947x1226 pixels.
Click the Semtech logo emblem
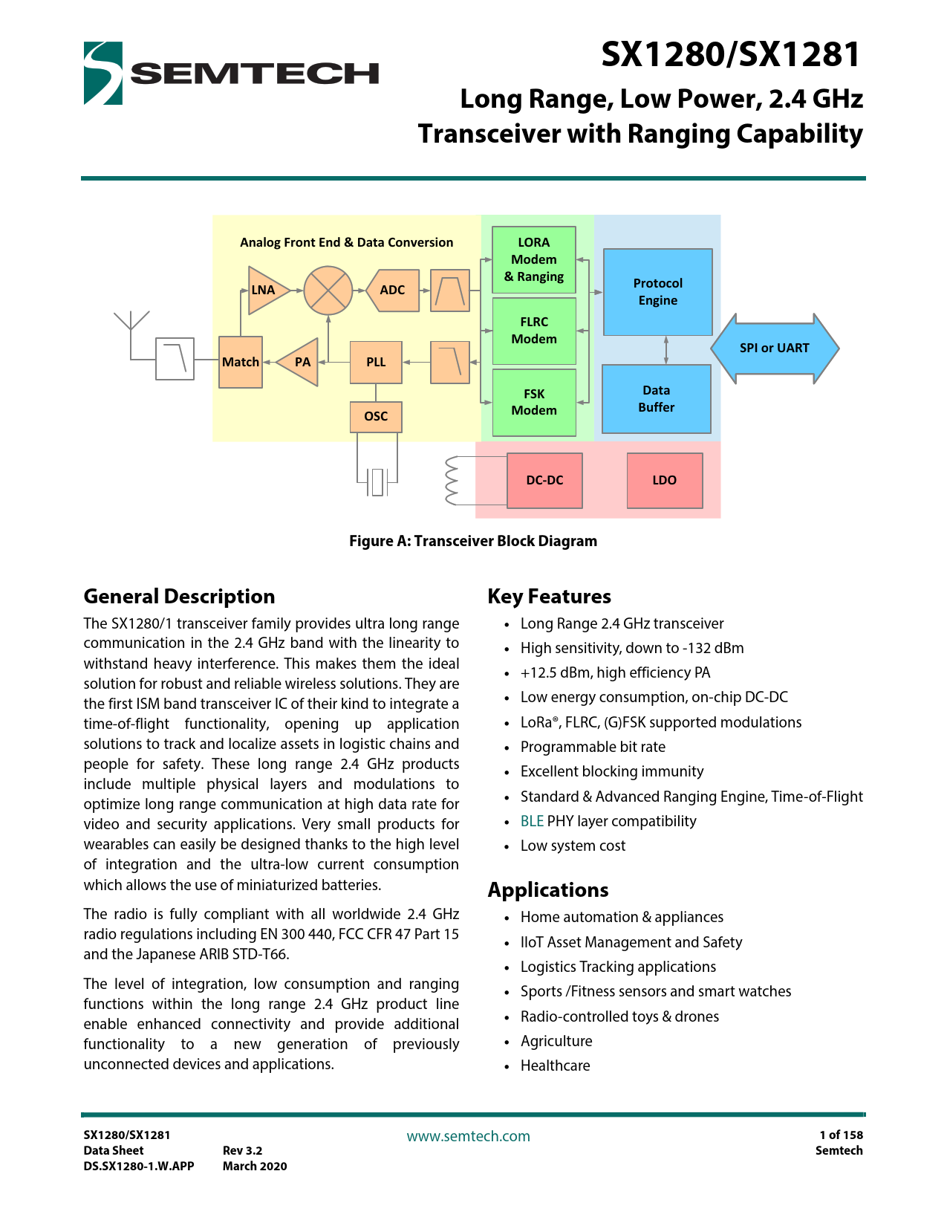(x=102, y=73)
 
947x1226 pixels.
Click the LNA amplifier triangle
(x=264, y=290)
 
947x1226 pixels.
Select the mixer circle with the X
(x=328, y=290)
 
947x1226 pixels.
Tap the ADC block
(x=393, y=290)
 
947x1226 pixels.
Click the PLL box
(x=376, y=362)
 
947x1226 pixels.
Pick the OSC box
(x=376, y=416)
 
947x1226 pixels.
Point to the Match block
(x=241, y=362)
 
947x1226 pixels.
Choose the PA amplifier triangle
(x=301, y=362)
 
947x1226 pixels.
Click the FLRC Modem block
(x=534, y=331)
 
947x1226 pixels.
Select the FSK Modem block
(x=534, y=402)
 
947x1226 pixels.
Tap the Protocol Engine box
(x=657, y=292)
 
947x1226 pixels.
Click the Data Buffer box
(x=656, y=399)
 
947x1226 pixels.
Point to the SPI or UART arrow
(x=774, y=348)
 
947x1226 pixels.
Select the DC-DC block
(x=544, y=480)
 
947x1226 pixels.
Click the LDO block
(x=665, y=480)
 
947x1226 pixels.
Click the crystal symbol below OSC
(x=377, y=481)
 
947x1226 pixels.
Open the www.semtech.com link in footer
(x=468, y=1136)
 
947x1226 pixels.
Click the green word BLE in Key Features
(x=532, y=821)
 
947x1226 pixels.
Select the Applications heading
(x=548, y=889)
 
